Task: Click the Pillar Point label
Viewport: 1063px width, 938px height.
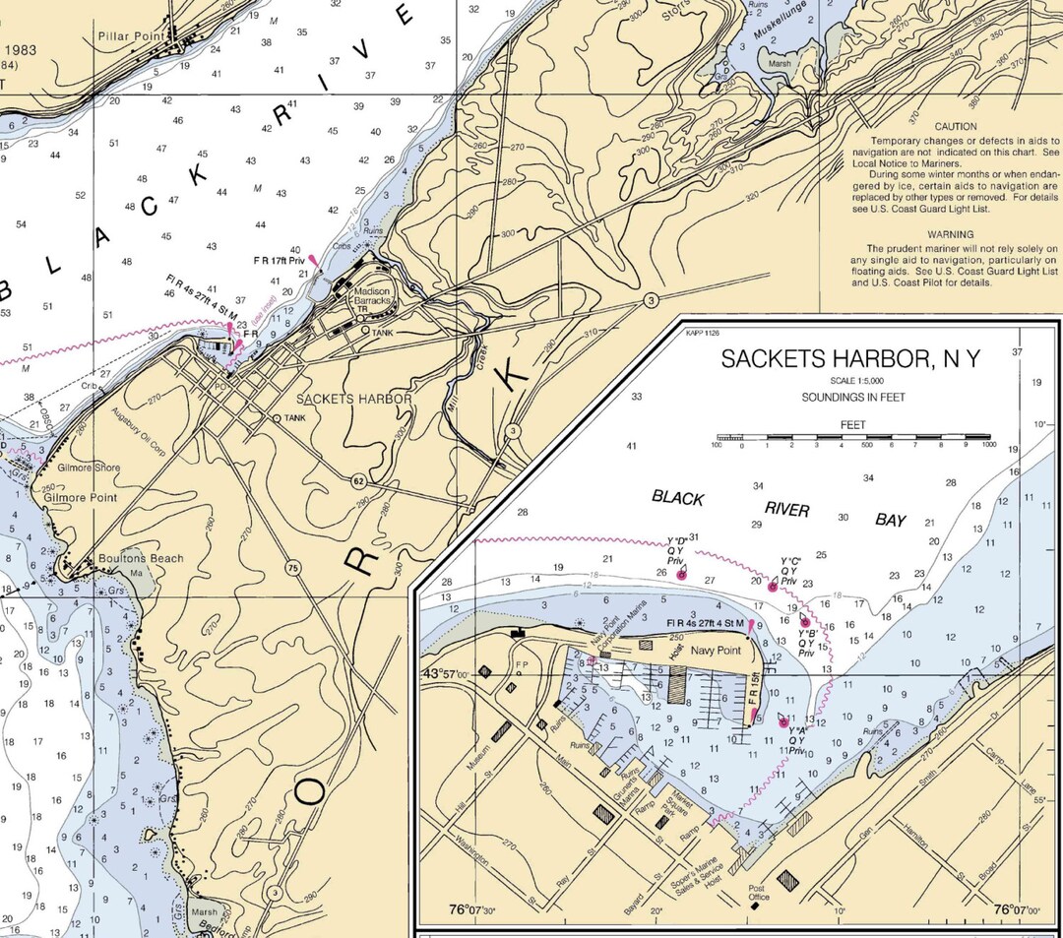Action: (x=129, y=36)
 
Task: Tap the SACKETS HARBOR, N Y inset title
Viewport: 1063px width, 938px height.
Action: (x=850, y=359)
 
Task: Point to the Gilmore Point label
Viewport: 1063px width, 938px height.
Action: (x=80, y=498)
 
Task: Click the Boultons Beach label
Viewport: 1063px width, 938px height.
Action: (x=141, y=559)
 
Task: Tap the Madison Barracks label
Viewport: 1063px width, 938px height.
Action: (x=371, y=296)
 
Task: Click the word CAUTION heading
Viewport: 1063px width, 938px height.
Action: (x=956, y=127)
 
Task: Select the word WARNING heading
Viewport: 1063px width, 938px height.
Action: (x=956, y=234)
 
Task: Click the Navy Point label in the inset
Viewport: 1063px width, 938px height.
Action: (x=715, y=651)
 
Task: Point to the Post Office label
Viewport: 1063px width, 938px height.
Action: (x=757, y=892)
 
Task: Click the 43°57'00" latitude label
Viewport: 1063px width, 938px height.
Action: (x=446, y=674)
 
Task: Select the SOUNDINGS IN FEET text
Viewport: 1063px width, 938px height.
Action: (x=852, y=399)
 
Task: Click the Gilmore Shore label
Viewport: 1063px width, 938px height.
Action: (x=88, y=468)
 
